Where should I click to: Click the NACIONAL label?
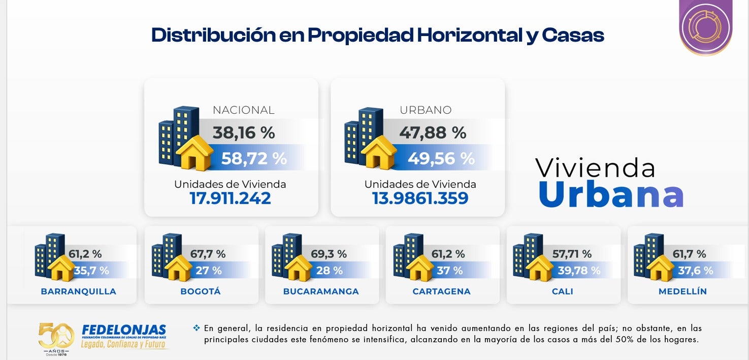pyautogui.click(x=243, y=110)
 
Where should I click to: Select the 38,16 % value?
pyautogui.click(x=243, y=133)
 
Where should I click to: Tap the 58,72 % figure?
pyautogui.click(x=254, y=158)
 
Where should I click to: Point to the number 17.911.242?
pyautogui.click(x=230, y=198)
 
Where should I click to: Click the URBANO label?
pyautogui.click(x=426, y=110)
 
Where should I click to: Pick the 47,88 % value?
pyautogui.click(x=432, y=133)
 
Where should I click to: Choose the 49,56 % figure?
pyautogui.click(x=441, y=158)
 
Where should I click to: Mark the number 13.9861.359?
pyautogui.click(x=420, y=198)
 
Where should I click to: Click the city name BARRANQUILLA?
pyautogui.click(x=78, y=291)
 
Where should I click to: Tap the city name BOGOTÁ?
pyautogui.click(x=201, y=291)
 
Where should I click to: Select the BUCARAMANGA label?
pyautogui.click(x=321, y=291)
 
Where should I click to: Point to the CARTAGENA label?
pyautogui.click(x=441, y=291)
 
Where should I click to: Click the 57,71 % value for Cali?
pyautogui.click(x=572, y=254)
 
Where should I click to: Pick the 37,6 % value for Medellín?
pyautogui.click(x=695, y=271)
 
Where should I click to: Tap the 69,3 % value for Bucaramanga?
pyautogui.click(x=329, y=254)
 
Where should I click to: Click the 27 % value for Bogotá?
pyautogui.click(x=208, y=271)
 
